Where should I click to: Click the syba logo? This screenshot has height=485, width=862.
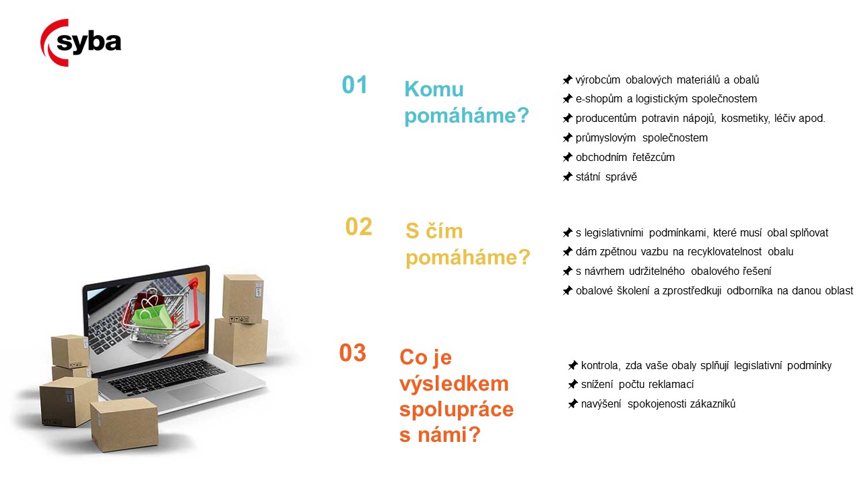[81, 42]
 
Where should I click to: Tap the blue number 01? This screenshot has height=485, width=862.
[354, 85]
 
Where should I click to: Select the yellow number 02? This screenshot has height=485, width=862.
[359, 226]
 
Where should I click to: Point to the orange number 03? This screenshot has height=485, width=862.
[352, 352]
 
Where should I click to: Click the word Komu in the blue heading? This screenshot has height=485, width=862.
[434, 90]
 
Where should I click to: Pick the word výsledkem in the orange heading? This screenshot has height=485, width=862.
[454, 384]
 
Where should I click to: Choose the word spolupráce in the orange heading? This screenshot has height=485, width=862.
[457, 410]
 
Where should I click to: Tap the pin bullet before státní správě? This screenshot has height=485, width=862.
[567, 176]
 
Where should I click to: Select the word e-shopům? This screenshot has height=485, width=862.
[599, 99]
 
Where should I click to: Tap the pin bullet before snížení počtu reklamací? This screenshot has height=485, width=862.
[572, 384]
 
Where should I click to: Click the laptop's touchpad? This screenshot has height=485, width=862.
[193, 392]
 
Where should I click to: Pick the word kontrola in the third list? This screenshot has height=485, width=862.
[601, 365]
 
